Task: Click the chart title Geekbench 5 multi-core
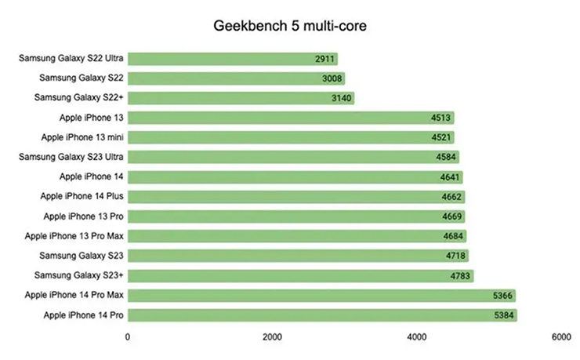(x=290, y=26)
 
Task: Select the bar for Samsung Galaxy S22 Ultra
(x=233, y=59)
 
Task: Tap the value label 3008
(x=332, y=78)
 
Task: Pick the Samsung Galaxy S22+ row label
(x=79, y=98)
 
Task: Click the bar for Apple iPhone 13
(x=291, y=118)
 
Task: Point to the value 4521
(x=441, y=137)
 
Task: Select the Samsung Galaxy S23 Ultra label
(x=71, y=157)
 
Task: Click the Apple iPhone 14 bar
(x=295, y=177)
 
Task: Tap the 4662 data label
(x=451, y=197)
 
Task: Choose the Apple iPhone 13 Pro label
(x=84, y=216)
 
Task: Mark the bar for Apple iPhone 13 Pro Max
(x=297, y=236)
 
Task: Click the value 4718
(x=455, y=256)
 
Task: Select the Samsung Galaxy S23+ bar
(x=301, y=275)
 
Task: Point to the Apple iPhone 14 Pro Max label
(x=74, y=295)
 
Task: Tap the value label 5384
(x=504, y=315)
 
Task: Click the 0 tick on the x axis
(x=128, y=337)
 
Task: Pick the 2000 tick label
(x=272, y=337)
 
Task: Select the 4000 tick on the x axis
(x=416, y=337)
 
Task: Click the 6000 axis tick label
(x=561, y=337)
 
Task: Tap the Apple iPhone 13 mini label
(x=82, y=137)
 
